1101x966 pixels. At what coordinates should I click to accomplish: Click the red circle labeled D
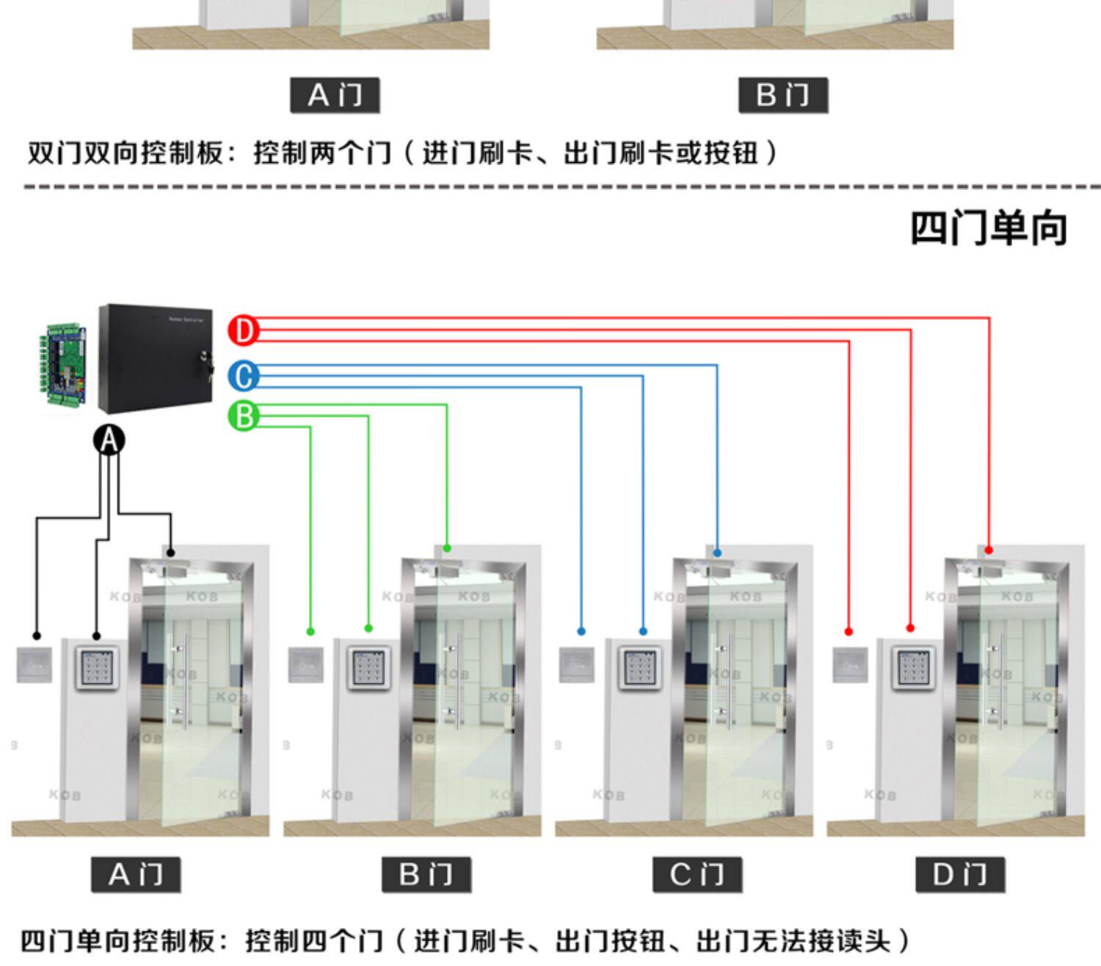(244, 330)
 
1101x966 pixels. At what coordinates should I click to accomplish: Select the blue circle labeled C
(244, 376)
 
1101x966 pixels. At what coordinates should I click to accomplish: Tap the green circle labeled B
(244, 416)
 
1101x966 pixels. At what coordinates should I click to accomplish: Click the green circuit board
(65, 365)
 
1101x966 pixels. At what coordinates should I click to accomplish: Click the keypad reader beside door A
(96, 667)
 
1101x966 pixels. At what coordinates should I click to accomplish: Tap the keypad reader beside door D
(913, 667)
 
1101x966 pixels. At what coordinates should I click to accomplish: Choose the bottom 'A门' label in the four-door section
(136, 875)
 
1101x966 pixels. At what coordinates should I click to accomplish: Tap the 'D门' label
(960, 875)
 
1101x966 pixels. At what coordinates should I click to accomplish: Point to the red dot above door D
(989, 550)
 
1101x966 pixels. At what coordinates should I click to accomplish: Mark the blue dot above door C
(717, 553)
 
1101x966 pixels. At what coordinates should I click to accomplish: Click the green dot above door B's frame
(447, 549)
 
